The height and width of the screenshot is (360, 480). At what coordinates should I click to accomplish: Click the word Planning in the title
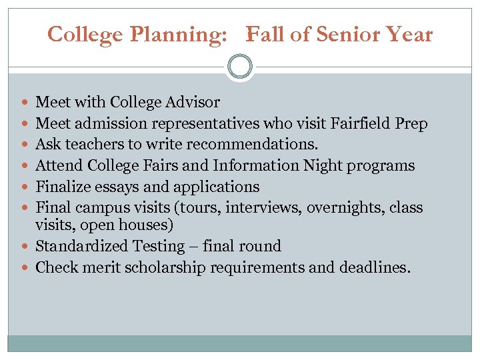click(x=181, y=35)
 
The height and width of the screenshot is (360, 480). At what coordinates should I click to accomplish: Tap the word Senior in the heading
click(x=348, y=35)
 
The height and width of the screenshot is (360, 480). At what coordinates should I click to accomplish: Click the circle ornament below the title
click(x=239, y=67)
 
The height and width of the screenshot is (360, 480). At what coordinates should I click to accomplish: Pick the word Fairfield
click(x=361, y=123)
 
